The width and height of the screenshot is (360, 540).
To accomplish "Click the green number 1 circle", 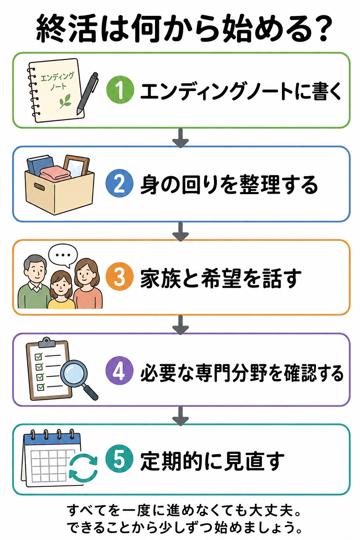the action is pyautogui.click(x=120, y=90).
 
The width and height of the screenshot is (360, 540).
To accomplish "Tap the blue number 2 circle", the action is pyautogui.click(x=120, y=184).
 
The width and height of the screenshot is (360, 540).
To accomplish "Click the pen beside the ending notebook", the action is pyautogui.click(x=88, y=94).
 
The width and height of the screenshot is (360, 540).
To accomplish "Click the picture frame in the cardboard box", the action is pyautogui.click(x=76, y=166).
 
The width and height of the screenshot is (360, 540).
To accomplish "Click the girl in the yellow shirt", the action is pyautogui.click(x=61, y=290).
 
